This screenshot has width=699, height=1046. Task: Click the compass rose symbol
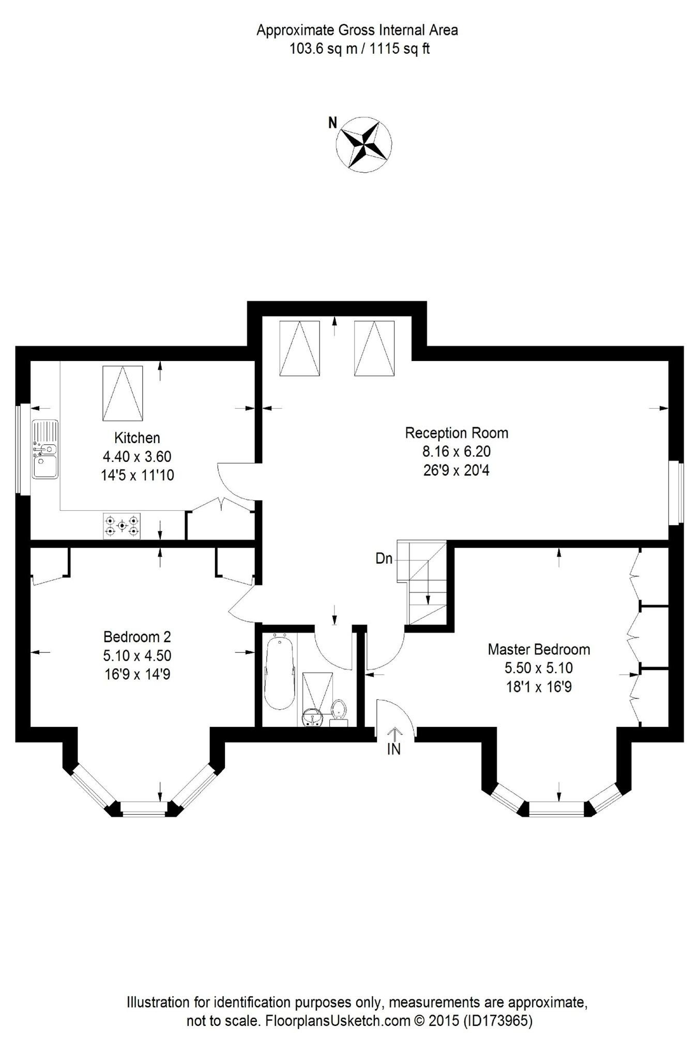point(364,144)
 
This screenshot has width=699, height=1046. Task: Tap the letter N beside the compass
point(333,122)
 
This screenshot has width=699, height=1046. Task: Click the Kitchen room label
point(137,438)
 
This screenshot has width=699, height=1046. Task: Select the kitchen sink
point(45,449)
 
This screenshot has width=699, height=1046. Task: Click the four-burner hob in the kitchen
point(121,526)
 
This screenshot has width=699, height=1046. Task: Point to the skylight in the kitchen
point(123,393)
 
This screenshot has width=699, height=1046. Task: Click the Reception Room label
point(456,433)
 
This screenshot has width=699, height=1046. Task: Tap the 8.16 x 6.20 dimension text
point(456,451)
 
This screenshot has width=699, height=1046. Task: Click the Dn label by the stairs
point(384,558)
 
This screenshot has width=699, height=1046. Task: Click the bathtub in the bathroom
point(280,674)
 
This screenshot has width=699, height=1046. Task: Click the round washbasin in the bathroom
point(312,717)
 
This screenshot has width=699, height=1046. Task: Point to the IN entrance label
point(394,749)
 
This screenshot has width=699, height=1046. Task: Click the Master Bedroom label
point(539,649)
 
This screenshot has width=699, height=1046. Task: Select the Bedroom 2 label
point(137,636)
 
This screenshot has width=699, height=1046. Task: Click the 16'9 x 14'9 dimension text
point(137,674)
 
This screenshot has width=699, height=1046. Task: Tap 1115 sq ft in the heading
point(400,49)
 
